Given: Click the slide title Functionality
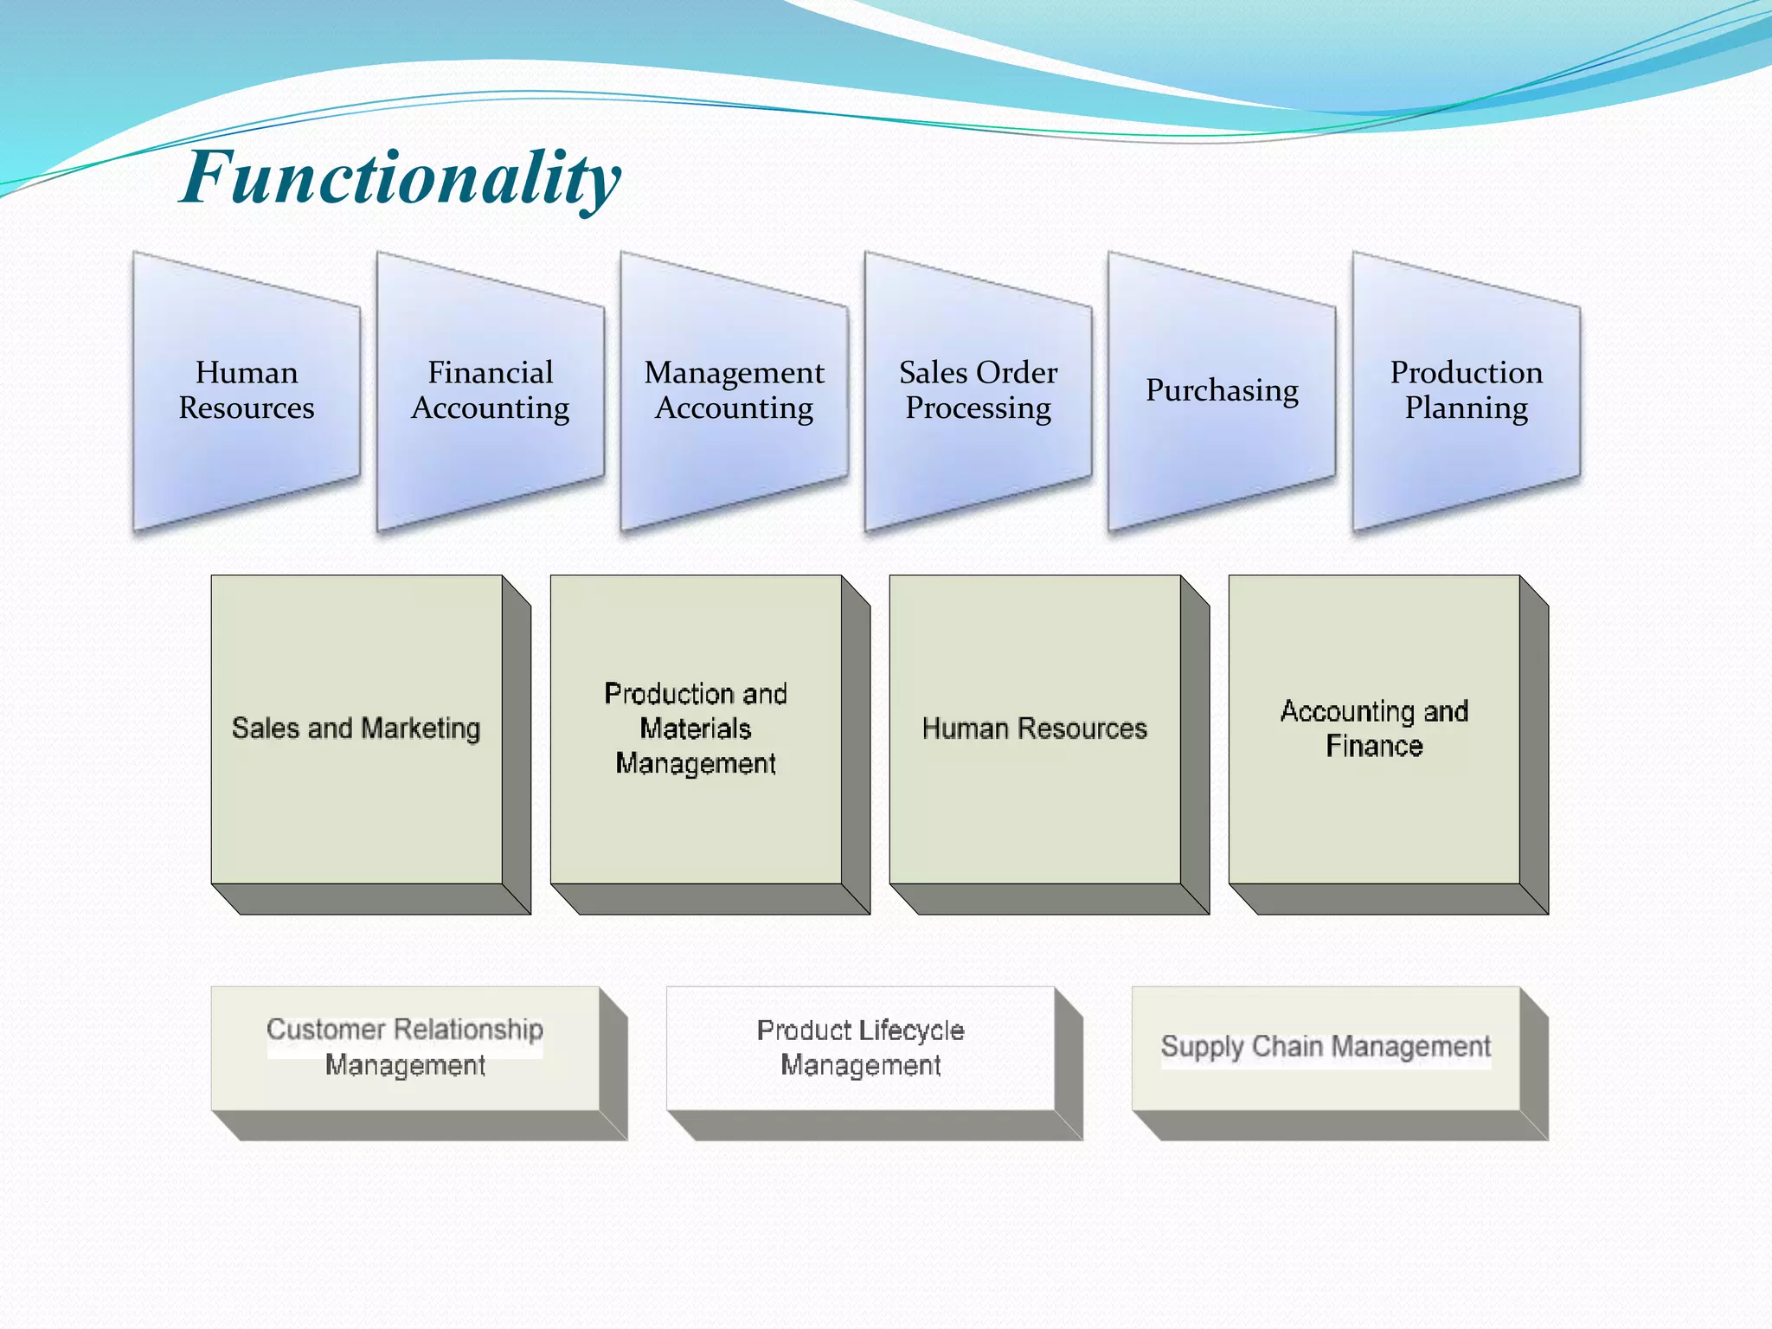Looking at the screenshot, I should click(400, 177).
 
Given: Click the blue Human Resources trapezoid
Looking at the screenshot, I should click(247, 391).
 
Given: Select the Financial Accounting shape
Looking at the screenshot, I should click(490, 391).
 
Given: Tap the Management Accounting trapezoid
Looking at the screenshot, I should click(734, 391).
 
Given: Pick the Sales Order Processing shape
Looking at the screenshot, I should click(978, 391).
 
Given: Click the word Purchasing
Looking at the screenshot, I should click(1222, 391).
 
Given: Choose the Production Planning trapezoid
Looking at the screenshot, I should click(1466, 391).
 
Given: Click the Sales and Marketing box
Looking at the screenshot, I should click(356, 729).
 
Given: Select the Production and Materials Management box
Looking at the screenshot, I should click(696, 729).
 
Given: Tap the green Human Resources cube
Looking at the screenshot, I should click(1035, 729).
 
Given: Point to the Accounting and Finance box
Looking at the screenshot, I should click(1374, 729).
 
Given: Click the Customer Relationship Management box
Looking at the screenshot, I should click(405, 1048).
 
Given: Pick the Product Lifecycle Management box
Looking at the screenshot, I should click(860, 1048).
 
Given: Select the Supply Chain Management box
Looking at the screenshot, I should click(1326, 1048).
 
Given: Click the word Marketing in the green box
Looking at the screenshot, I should click(421, 729).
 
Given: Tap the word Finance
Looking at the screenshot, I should click(1374, 746).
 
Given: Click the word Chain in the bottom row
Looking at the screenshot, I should click(1288, 1047).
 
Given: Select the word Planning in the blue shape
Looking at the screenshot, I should click(1466, 408).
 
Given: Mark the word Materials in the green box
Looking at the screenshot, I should click(696, 729).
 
